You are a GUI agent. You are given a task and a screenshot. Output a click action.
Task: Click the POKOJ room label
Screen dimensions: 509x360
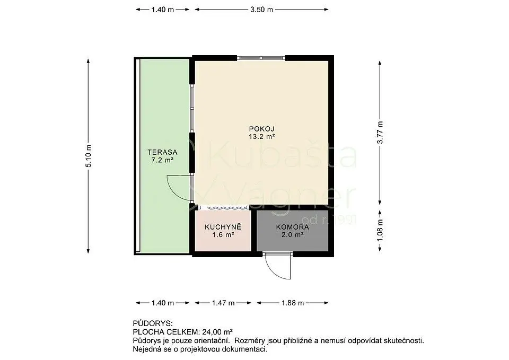point(261,128)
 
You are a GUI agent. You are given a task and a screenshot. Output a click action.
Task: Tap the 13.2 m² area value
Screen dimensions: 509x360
point(261,137)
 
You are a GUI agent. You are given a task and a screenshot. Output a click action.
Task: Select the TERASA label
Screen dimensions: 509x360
point(162,152)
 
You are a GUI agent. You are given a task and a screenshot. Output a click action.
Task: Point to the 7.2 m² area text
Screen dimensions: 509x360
point(162,160)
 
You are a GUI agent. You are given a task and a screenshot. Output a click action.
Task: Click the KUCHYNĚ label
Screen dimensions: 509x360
point(223,226)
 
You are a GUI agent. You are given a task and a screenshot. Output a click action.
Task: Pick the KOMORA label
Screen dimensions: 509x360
point(293,227)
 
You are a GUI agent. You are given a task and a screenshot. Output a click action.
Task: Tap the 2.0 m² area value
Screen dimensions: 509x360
point(293,235)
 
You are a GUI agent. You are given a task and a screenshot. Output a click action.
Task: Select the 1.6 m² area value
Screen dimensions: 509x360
point(223,235)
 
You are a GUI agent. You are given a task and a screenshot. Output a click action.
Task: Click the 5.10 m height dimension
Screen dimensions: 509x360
point(89,156)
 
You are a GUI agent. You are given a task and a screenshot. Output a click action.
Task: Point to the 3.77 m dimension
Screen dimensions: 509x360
point(380,133)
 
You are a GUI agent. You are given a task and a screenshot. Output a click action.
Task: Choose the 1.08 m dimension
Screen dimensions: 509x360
point(380,231)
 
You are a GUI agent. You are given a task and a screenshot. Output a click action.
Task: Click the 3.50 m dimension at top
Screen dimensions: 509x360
point(261,10)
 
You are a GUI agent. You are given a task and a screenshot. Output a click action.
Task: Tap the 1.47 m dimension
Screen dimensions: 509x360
point(223,303)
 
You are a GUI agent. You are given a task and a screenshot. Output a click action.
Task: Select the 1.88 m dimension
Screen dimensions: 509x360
point(293,303)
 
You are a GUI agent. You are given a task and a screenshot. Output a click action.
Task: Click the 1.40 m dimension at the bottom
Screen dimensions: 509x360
point(163,303)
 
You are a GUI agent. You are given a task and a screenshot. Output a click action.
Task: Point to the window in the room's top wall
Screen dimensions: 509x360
point(261,58)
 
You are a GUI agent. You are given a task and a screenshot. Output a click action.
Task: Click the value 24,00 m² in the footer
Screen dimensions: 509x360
point(217,332)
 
